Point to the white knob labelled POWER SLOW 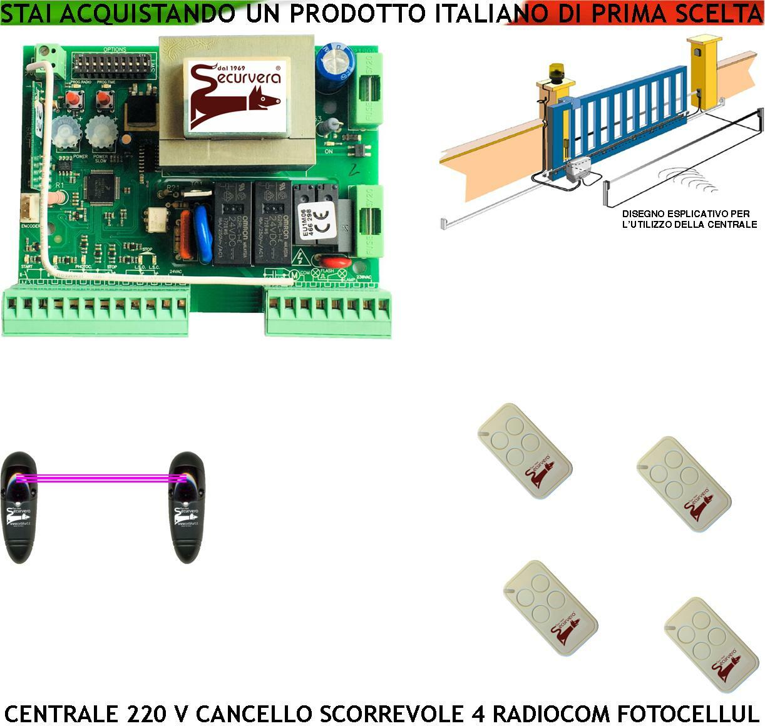100,131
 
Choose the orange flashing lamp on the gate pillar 557,71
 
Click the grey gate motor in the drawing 577,168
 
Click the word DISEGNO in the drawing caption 644,214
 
